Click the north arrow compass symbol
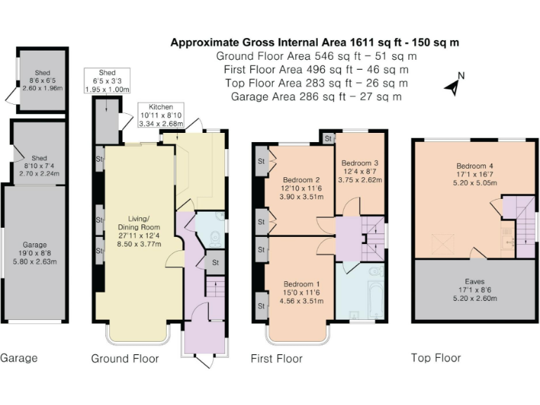pyautogui.click(x=455, y=84)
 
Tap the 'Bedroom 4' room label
pyautogui.click(x=475, y=174)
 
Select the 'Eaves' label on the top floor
pyautogui.click(x=475, y=290)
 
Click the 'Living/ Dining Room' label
pyautogui.click(x=139, y=231)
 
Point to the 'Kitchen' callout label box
pyautogui.click(x=161, y=115)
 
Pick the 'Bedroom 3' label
pyautogui.click(x=360, y=171)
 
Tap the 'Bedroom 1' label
pyautogui.click(x=302, y=292)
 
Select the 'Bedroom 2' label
pyautogui.click(x=302, y=188)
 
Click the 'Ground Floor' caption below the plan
pyautogui.click(x=124, y=359)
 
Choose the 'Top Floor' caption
pyautogui.click(x=436, y=358)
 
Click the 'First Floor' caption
pyautogui.click(x=276, y=359)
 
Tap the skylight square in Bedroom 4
pyautogui.click(x=442, y=243)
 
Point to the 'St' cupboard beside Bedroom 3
pyautogui.click(x=328, y=139)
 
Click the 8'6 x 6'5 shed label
pyautogui.click(x=42, y=80)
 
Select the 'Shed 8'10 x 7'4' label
pyautogui.click(x=39, y=166)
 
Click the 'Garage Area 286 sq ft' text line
pyautogui.click(x=316, y=97)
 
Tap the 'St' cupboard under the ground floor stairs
pyautogui.click(x=215, y=262)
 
